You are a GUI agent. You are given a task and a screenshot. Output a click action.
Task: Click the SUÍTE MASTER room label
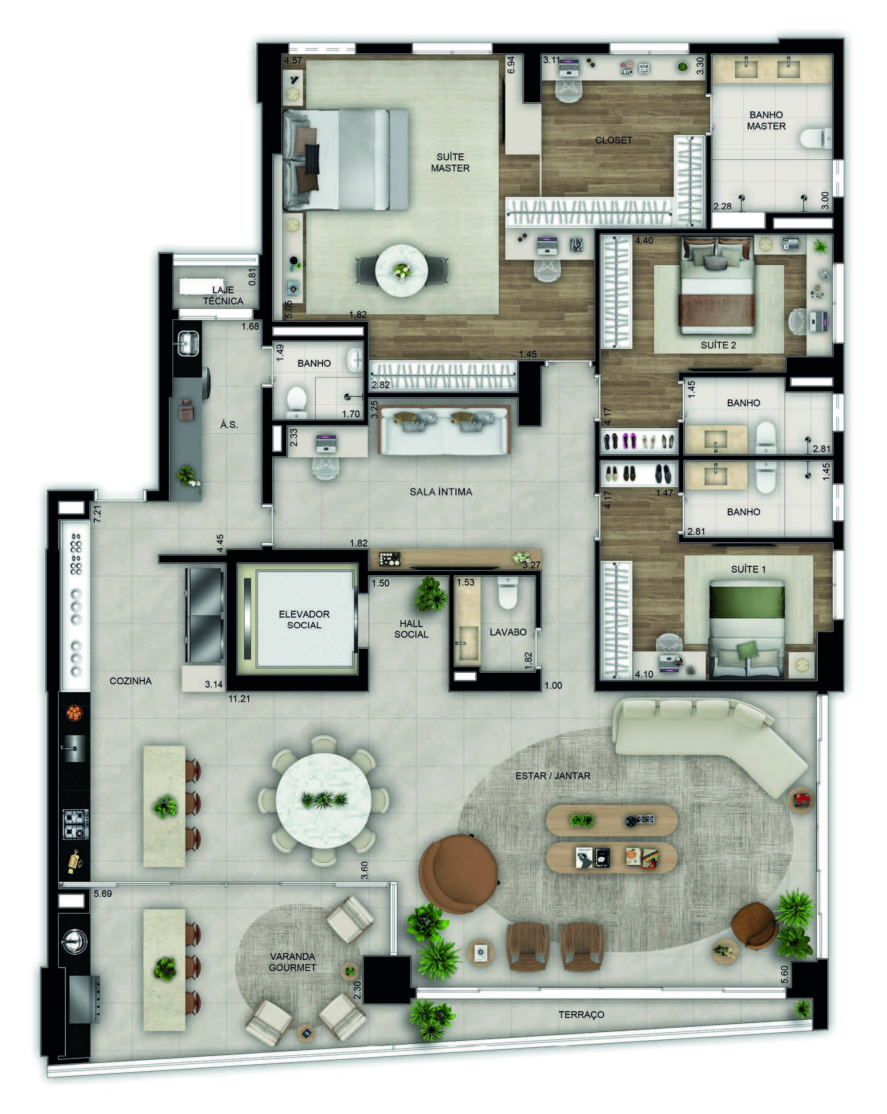tap(450, 162)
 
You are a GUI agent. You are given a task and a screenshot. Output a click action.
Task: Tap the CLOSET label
tap(613, 140)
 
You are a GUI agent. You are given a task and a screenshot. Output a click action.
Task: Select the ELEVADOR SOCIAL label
tap(304, 619)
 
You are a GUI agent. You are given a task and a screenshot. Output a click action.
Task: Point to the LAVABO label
tap(508, 632)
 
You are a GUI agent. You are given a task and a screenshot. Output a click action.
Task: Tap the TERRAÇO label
tap(581, 1014)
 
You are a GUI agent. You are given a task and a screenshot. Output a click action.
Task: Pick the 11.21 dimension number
tap(239, 698)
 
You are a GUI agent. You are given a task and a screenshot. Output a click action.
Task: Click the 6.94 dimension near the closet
tap(511, 65)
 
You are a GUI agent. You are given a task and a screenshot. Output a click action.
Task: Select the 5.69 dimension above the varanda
tap(103, 893)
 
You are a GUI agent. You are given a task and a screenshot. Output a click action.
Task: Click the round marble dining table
tap(323, 800)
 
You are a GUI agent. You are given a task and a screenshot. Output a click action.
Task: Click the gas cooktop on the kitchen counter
tap(76, 823)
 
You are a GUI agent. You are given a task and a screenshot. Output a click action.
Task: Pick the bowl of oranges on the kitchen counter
tap(74, 714)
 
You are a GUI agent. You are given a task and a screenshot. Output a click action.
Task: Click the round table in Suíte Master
tap(401, 270)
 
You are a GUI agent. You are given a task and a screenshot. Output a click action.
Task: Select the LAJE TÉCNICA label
tap(223, 295)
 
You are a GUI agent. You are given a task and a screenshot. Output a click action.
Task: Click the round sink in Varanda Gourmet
tap(74, 940)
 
